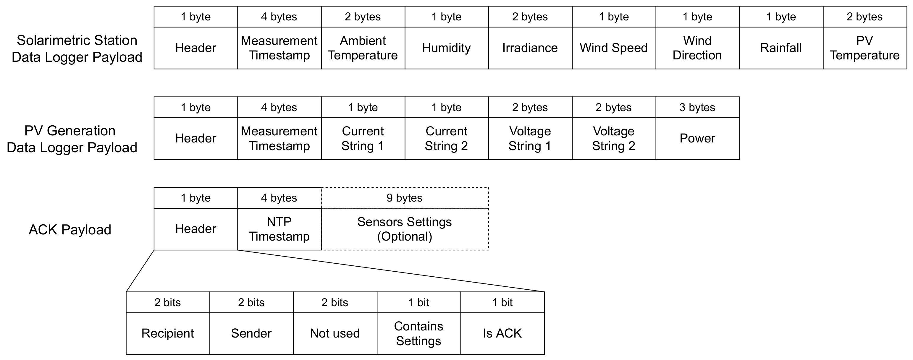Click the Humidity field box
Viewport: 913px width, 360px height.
446,48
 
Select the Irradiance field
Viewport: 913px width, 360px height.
530,48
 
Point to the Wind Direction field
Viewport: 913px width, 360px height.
697,48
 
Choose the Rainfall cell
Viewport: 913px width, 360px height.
781,48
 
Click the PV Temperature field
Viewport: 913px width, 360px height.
864,48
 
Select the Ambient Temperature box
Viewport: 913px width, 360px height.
363,48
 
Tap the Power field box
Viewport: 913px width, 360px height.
697,138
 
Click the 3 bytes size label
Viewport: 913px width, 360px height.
697,107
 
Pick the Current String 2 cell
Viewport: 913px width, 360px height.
446,138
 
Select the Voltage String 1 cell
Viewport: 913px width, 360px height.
530,138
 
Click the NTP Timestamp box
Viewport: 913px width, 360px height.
279,229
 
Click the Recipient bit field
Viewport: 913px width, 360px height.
168,333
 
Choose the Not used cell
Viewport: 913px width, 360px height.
335,333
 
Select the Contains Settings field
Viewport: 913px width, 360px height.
418,333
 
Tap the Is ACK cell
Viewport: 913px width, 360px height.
502,333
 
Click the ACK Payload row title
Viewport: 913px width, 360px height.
70,230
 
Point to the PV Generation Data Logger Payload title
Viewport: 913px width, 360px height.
72,139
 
